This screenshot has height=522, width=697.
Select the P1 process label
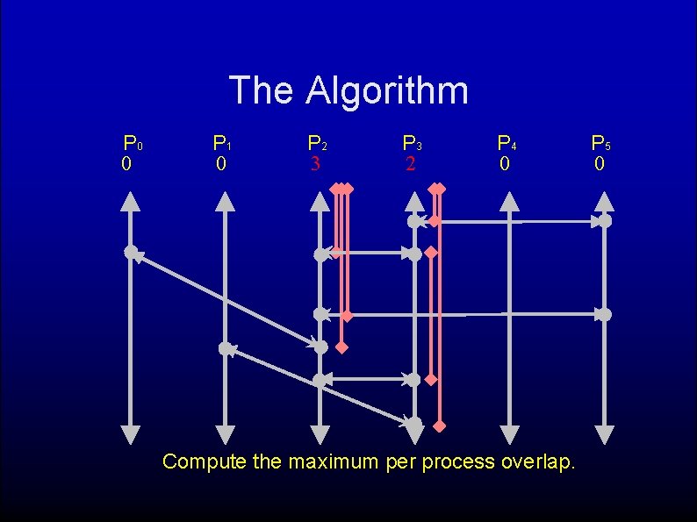[222, 143]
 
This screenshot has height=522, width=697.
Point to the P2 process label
[318, 143]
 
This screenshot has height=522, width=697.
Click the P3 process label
[413, 143]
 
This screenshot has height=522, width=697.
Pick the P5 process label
[600, 143]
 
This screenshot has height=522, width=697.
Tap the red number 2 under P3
[410, 164]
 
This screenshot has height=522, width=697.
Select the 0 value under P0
[127, 164]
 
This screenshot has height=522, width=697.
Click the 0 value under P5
[599, 164]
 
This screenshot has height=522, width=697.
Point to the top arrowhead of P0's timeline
[131, 201]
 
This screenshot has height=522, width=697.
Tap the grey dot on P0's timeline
[131, 253]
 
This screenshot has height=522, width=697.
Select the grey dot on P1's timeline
[226, 348]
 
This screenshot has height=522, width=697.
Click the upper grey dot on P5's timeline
[605, 221]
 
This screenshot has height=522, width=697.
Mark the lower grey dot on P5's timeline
[605, 314]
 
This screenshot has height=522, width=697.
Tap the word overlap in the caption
[537, 461]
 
